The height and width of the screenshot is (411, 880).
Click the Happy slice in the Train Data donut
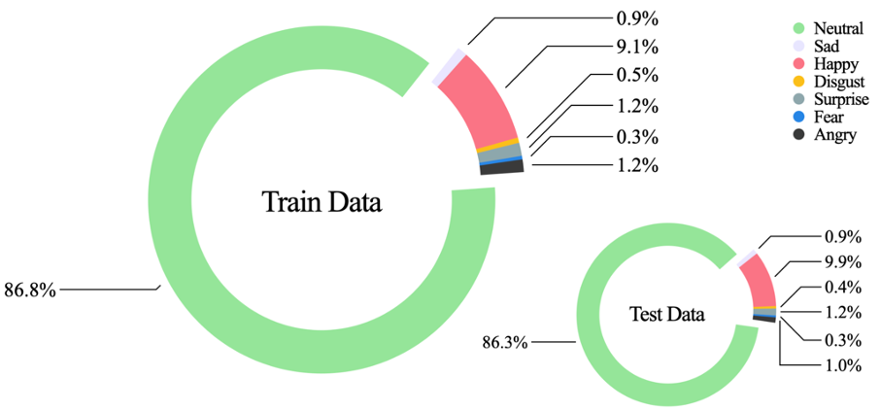(481, 102)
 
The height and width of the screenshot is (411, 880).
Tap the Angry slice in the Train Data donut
(503, 167)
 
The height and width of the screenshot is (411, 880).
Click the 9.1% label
(637, 46)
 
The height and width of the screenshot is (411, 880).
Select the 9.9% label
(842, 261)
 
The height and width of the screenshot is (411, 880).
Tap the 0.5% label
(637, 76)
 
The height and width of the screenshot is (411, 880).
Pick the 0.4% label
(842, 287)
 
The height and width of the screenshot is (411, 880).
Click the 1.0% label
(842, 365)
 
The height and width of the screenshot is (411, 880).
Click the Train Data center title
(322, 202)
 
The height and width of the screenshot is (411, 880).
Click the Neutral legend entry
(834, 28)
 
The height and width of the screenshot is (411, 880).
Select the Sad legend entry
(827, 46)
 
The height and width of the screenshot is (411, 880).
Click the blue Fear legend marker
(798, 117)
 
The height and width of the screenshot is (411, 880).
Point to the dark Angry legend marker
(798, 134)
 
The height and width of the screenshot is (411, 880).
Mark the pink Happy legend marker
(798, 63)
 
